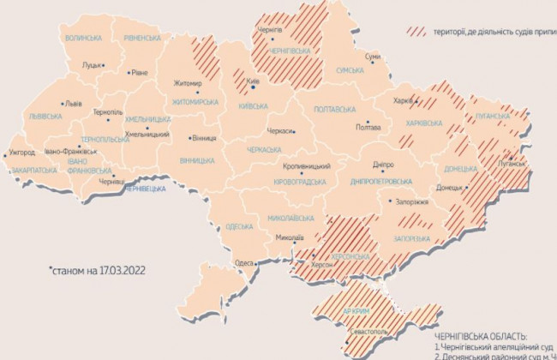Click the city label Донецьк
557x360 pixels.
(448, 187)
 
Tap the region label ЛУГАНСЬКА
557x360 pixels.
(491, 115)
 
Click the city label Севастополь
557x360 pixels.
(371, 330)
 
